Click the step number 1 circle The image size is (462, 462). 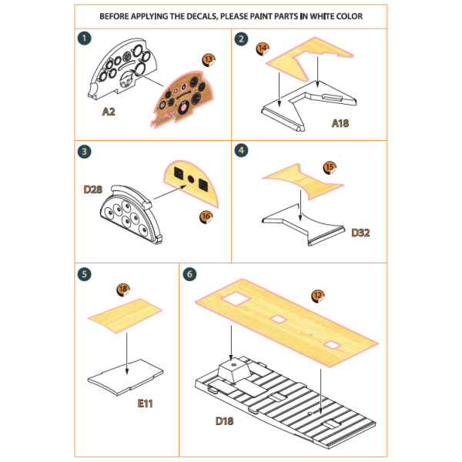point(83,38)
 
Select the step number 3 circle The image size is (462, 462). point(83,151)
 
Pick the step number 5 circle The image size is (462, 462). point(83,273)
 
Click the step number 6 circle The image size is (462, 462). point(189,273)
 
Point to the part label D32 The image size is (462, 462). point(361,232)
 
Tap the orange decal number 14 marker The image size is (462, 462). point(263,49)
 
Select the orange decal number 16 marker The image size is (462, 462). point(205,218)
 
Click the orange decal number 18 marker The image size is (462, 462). point(122,290)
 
